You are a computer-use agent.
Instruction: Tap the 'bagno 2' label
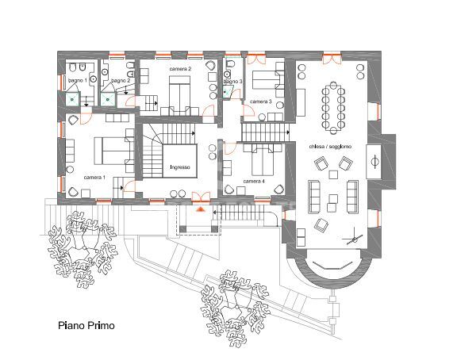coord(120,81)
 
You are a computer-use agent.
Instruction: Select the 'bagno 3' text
coord(232,81)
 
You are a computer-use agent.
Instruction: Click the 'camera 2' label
coord(181,69)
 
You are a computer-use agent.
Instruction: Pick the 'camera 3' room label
coord(261,102)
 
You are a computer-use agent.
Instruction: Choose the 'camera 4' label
coord(254,182)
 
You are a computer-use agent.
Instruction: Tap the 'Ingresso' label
coord(181,167)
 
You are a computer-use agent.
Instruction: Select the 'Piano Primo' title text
coord(86,325)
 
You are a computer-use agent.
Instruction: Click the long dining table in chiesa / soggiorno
coord(332,108)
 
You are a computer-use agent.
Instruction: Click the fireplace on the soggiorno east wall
coord(376,163)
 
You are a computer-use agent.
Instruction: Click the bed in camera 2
coord(179,95)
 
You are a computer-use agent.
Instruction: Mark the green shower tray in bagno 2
coord(107,100)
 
